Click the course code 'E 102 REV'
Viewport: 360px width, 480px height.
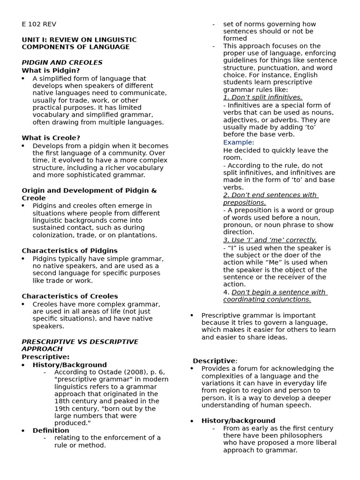click(39, 24)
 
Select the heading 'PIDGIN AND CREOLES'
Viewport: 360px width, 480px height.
click(62, 63)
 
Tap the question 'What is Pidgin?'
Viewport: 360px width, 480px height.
click(51, 71)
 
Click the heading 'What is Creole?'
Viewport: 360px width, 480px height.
click(51, 138)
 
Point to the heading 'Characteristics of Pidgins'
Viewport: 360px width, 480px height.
click(69, 251)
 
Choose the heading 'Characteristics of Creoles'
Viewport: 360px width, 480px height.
click(69, 296)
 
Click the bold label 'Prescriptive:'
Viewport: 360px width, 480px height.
click(45, 357)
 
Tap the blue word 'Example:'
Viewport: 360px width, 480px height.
click(239, 142)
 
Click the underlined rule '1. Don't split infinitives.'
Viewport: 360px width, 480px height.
click(262, 97)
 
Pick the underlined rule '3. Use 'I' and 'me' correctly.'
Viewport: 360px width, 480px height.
click(270, 240)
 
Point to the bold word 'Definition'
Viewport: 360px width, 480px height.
click(51, 430)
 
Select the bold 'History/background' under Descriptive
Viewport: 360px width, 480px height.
click(238, 421)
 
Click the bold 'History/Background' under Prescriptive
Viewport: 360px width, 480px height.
click(69, 365)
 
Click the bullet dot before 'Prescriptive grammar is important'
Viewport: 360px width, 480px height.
click(192, 315)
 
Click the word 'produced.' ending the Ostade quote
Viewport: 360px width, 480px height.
click(72, 423)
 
